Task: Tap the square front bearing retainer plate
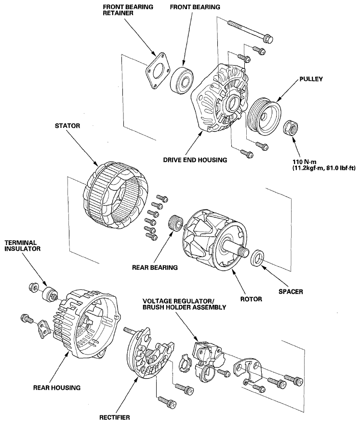coord(158,71)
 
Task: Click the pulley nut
coord(292,128)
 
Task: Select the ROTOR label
coord(251,299)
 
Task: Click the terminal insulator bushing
coord(49,294)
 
